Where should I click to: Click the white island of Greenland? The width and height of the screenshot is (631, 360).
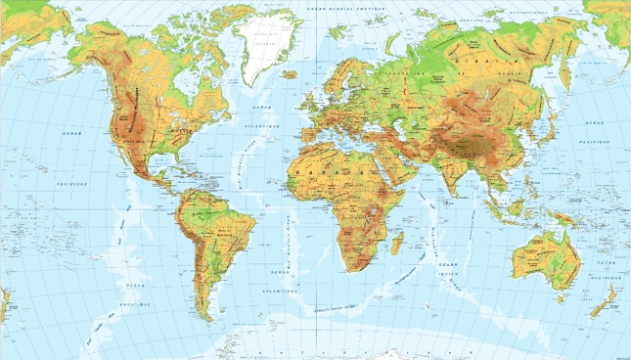click(x=263, y=44)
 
